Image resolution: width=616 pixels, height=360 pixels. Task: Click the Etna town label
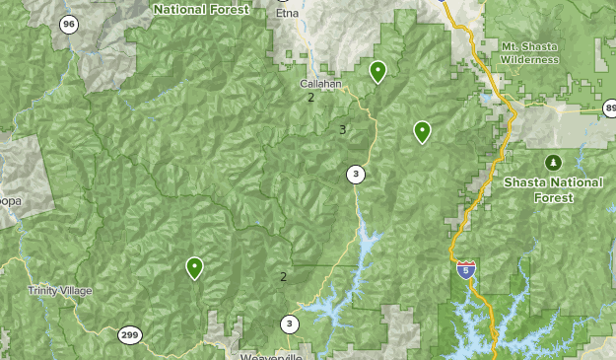click(x=287, y=14)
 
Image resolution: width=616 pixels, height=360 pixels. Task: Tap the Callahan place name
click(x=320, y=84)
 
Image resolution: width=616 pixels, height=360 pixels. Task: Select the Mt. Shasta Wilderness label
click(x=529, y=53)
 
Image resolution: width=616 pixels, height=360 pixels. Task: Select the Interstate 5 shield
click(x=466, y=269)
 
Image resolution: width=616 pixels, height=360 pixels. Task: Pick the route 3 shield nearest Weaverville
click(x=289, y=324)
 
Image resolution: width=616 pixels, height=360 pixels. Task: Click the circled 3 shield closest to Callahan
click(x=355, y=176)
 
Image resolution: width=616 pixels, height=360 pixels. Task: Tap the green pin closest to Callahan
click(x=377, y=71)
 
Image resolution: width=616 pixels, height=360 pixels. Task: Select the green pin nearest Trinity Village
click(x=194, y=266)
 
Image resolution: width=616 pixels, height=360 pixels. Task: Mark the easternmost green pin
click(x=422, y=130)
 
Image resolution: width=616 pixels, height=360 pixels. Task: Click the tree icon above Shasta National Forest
click(x=552, y=162)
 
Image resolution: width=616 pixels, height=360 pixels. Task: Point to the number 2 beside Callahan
click(x=310, y=98)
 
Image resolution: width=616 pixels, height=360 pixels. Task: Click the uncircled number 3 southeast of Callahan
click(x=342, y=130)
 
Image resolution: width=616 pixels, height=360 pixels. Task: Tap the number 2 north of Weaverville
click(x=283, y=277)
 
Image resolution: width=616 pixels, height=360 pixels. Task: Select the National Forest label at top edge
click(x=201, y=8)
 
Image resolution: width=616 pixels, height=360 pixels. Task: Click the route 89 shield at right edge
click(x=610, y=108)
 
